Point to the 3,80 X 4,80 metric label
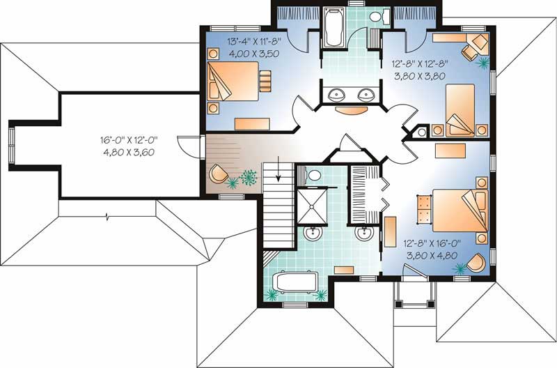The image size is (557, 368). click(x=431, y=255)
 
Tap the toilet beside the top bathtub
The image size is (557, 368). click(x=376, y=17)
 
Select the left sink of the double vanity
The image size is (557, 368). click(x=330, y=94)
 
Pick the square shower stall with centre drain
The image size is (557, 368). click(x=311, y=203)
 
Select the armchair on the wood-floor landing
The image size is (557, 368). click(x=219, y=174)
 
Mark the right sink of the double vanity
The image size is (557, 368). click(x=364, y=94)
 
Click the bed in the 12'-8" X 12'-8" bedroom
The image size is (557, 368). click(x=460, y=109)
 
